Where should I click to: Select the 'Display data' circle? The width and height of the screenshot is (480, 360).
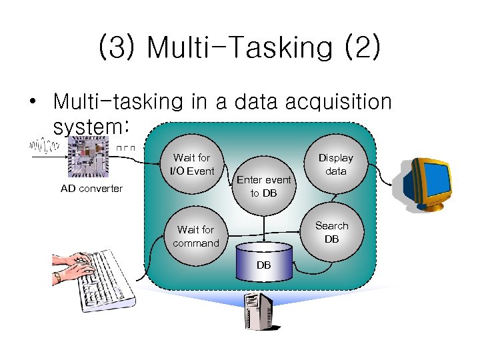pos(335,165)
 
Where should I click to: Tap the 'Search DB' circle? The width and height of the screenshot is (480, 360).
pos(331,232)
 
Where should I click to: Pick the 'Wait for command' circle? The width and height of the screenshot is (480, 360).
pos(195,236)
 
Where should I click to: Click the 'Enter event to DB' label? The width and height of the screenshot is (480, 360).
pos(264,186)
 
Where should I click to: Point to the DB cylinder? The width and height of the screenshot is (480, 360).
pos(265,262)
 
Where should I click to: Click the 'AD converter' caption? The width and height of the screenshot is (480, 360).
pos(91,189)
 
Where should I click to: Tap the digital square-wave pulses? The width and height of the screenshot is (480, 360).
pos(125,147)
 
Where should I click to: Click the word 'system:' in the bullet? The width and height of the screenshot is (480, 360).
pos(90,125)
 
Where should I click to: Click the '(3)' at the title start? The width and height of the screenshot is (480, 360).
pos(118,48)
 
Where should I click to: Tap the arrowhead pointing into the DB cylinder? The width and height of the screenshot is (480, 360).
pos(265,241)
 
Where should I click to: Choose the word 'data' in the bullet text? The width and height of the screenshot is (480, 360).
pos(247,102)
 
